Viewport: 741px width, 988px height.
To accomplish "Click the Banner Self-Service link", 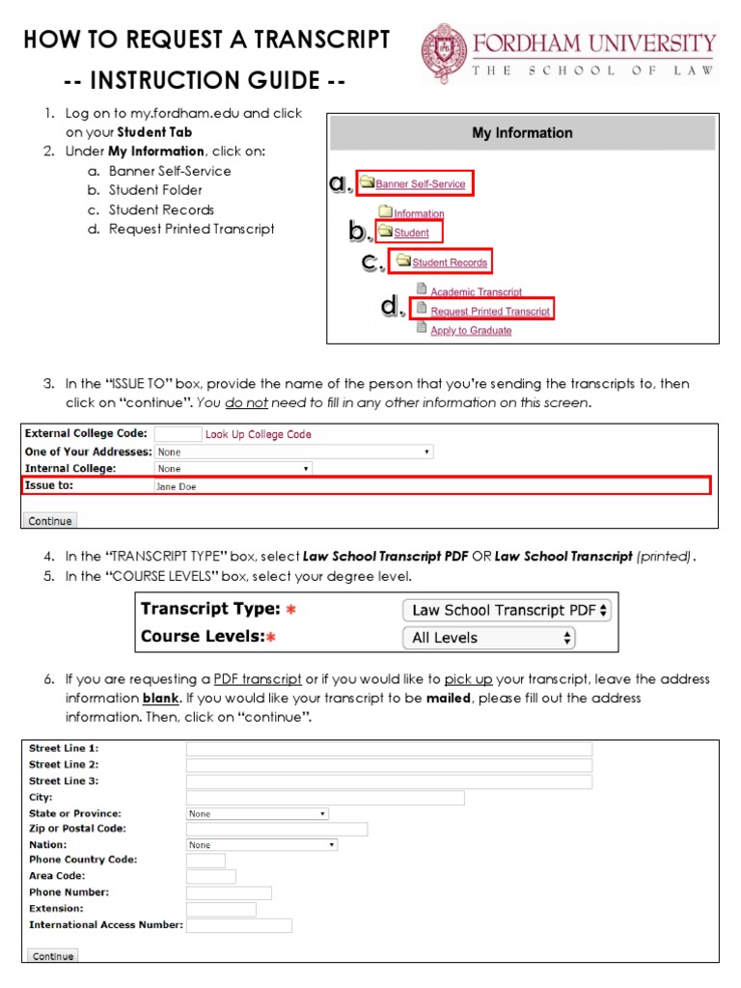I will pos(420,183).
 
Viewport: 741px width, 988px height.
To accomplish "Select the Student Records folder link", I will pos(449,261).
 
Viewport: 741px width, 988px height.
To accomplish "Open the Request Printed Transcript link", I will pos(489,311).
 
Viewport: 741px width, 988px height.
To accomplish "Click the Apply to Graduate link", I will pos(471,330).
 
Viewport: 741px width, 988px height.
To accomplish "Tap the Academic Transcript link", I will pos(476,291).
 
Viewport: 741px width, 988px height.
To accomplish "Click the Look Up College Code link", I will pos(258,434).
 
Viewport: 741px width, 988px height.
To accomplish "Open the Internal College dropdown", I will pos(233,469).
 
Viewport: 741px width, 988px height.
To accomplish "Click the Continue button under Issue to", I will pos(50,520).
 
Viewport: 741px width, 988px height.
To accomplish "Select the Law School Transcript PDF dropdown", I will pos(507,610).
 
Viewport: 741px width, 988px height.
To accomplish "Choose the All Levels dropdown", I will pos(488,638).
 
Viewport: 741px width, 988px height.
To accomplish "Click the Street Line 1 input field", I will pos(389,749).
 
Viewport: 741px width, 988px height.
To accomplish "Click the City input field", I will pos(324,798).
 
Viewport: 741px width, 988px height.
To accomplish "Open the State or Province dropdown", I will pos(257,813).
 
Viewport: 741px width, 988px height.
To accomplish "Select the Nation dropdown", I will pos(261,844).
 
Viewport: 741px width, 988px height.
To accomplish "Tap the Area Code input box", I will pos(210,876).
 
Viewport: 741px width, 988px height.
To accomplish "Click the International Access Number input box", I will pos(238,925).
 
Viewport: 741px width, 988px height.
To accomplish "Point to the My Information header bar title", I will pos(521,133).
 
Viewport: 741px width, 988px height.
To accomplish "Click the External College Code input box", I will pos(178,434).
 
